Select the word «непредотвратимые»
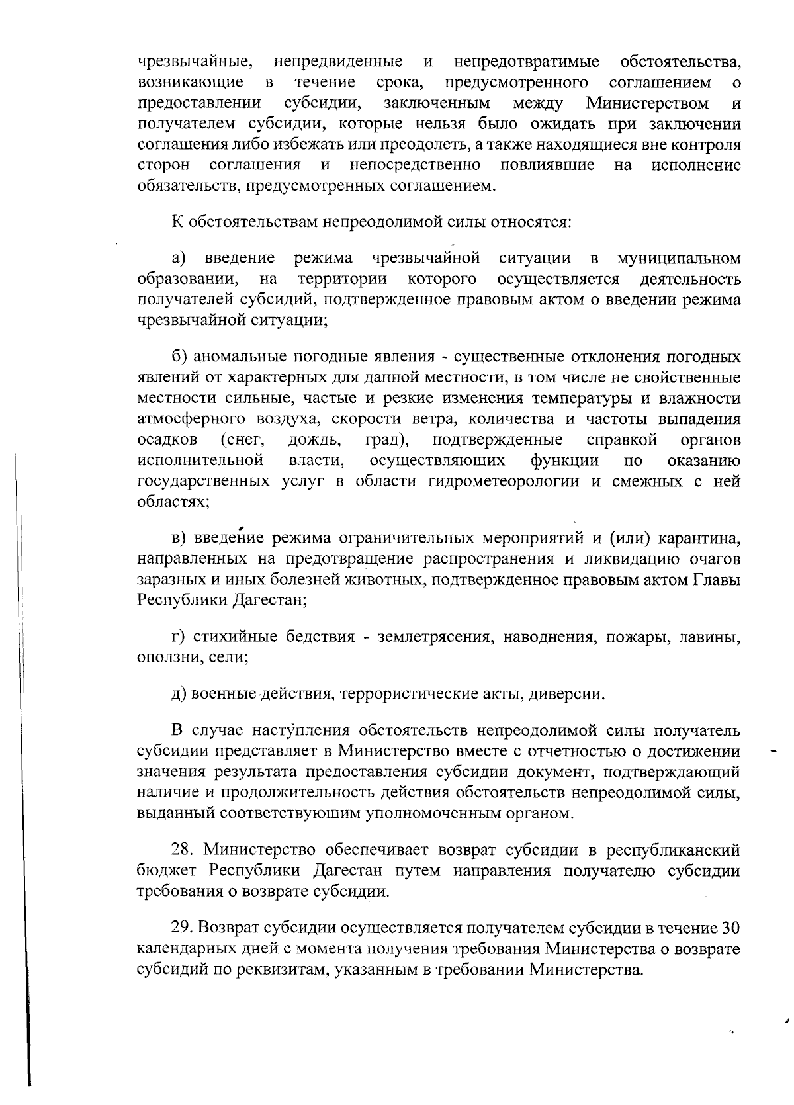(527, 62)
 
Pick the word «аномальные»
(239, 358)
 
